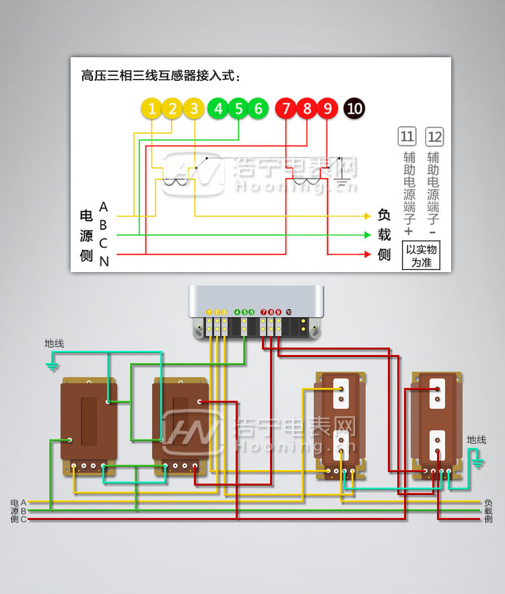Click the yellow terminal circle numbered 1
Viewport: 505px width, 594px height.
pos(152,108)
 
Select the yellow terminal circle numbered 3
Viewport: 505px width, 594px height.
pos(194,108)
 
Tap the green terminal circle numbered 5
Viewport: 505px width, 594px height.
pos(238,108)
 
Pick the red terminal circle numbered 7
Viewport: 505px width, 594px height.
pos(286,108)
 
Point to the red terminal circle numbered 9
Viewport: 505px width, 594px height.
pos(327,108)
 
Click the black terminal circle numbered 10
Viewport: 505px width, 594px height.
pos(354,108)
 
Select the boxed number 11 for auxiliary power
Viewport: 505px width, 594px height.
pos(407,137)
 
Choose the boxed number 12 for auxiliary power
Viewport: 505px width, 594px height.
pos(435,137)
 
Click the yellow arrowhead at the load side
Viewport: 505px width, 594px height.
pos(367,216)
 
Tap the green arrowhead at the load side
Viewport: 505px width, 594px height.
pos(367,235)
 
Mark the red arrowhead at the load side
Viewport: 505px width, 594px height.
pos(367,255)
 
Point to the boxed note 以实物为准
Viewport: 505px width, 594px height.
pos(422,256)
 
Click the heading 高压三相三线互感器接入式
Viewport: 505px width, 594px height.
pos(160,75)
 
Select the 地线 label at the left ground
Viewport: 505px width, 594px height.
pos(54,343)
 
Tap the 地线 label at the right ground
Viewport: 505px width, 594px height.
pos(476,440)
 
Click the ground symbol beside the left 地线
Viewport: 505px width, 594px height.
pos(52,366)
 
